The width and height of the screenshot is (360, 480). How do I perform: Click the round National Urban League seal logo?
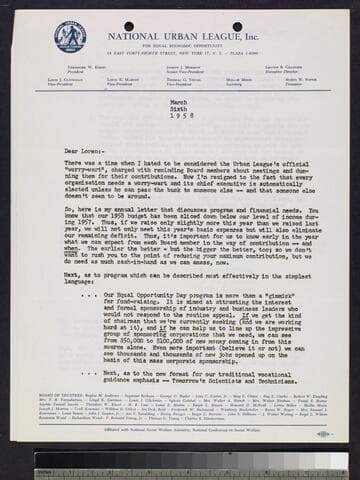tap(70, 37)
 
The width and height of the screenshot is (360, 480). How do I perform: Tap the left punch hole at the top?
tap(128, 26)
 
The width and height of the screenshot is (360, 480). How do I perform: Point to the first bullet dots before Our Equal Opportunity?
tap(94, 295)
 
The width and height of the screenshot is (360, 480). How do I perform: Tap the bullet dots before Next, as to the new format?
tap(94, 371)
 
